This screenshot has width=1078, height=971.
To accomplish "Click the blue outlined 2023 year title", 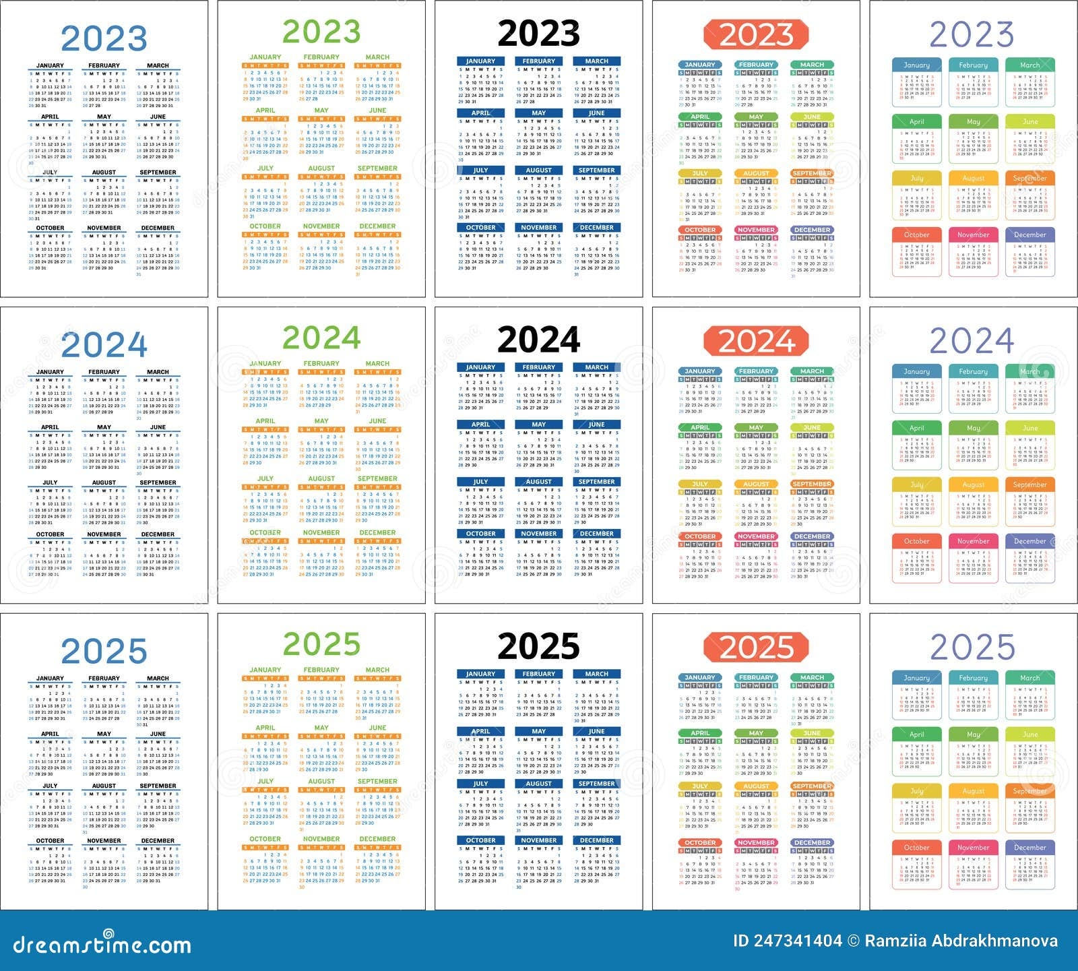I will coord(104,38).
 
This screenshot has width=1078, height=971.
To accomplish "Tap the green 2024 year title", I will coord(321,338).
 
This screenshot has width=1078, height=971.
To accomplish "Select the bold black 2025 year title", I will coord(538,646).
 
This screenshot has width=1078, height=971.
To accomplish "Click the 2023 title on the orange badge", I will coord(756,35).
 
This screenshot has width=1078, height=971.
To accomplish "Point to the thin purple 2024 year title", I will coord(972,340).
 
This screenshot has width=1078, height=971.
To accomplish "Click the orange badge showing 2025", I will coord(756,648).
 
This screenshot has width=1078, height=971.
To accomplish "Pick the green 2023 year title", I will coord(321,32).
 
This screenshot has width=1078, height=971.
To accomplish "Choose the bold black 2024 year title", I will coord(538,340).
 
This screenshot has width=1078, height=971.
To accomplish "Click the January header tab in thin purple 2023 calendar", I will coord(916,65).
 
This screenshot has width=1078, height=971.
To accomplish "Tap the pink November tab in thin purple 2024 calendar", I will coord(973,541).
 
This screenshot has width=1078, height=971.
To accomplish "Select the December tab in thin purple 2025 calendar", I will coord(1029,848).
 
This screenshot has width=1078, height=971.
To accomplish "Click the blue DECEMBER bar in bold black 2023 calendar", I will coord(596,228).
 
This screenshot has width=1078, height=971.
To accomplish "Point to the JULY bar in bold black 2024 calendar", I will coord(480,482).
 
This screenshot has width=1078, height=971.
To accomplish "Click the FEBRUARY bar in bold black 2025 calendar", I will coord(538,674).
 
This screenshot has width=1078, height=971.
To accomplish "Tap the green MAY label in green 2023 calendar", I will coord(321,111).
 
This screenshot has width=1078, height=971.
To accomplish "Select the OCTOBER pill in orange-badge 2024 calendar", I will coord(700,536).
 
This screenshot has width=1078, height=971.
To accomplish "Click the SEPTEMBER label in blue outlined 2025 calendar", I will coord(158,786).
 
